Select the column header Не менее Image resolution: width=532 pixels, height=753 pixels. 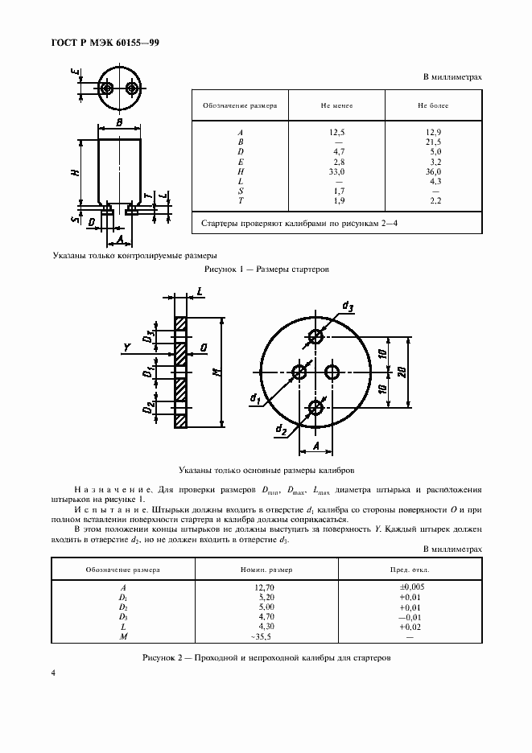point(337,105)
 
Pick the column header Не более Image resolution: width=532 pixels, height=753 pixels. point(433,105)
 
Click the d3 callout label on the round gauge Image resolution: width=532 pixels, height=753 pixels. point(348,306)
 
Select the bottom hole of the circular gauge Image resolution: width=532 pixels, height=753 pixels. point(316,409)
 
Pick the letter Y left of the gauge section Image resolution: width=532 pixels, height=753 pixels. point(126,348)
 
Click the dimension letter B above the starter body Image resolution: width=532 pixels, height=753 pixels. point(119,122)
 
